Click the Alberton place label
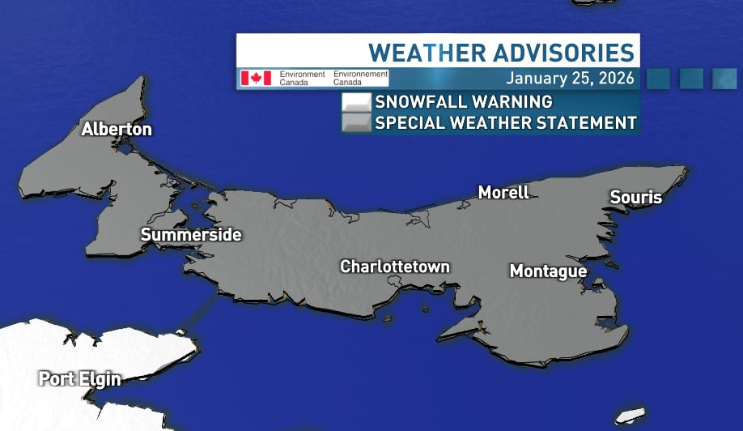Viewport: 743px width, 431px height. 117,129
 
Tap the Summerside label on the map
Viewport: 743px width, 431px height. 191,235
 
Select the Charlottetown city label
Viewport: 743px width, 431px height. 394,267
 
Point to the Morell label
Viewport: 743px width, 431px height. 503,192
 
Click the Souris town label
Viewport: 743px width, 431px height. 635,198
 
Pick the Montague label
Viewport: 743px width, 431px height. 548,271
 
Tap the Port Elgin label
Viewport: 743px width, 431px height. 79,378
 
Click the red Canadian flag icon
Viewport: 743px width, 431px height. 256,78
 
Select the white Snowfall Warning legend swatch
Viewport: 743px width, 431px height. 355,103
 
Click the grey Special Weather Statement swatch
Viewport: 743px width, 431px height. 355,123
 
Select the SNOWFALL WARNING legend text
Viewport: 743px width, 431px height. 463,103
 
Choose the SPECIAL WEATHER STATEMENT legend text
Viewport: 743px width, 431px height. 505,123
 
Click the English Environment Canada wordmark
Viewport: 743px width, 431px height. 302,78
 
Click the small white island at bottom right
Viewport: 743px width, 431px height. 630,416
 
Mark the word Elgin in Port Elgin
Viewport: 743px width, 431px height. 99,378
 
